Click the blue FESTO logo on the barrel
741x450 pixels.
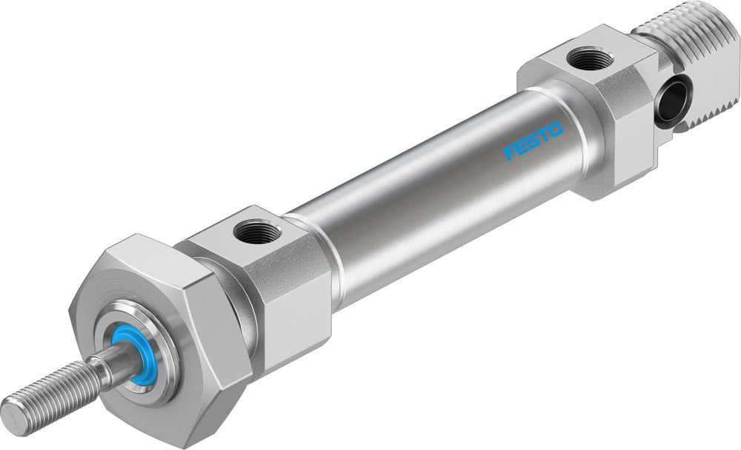point(534,141)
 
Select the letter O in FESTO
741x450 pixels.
point(555,130)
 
